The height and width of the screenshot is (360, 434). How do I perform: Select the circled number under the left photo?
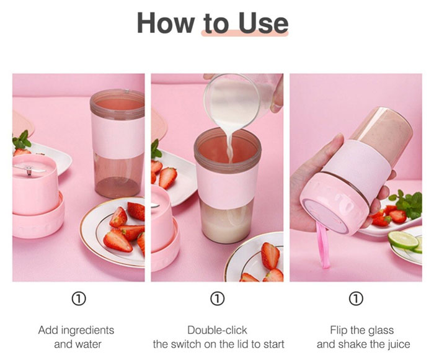pyautogui.click(x=79, y=300)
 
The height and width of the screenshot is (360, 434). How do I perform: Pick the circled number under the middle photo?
pyautogui.click(x=217, y=300)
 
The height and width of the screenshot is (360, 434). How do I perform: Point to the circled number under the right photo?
pyautogui.click(x=356, y=300)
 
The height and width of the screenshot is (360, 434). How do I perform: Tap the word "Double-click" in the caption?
pyautogui.click(x=218, y=330)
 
